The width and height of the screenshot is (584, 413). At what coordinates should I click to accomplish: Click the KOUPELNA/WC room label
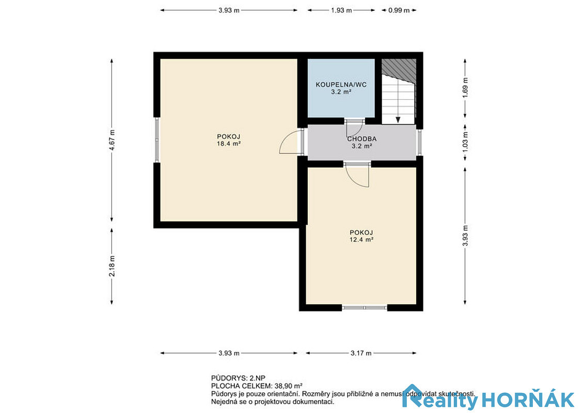tap(341, 85)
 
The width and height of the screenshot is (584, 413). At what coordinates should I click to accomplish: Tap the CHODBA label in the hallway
tap(361, 139)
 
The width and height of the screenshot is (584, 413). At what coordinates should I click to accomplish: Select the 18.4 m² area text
tap(228, 143)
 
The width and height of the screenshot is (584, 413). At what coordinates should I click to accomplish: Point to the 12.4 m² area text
tap(361, 240)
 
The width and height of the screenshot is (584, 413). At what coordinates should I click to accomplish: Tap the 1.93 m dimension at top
tap(341, 10)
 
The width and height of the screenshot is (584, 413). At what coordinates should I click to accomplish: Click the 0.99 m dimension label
tap(399, 10)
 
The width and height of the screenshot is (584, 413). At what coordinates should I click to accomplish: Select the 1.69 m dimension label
tap(465, 88)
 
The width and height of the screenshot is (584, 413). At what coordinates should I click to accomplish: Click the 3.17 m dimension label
tap(361, 353)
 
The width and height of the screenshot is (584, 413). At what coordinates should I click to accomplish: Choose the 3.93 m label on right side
tap(465, 236)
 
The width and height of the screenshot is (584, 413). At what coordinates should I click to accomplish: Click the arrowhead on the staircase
tap(398, 120)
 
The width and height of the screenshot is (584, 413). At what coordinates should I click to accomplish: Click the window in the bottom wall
tap(365, 308)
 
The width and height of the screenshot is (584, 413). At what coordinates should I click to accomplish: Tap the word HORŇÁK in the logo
tap(528, 400)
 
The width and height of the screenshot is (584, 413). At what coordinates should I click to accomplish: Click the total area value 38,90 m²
tap(288, 386)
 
